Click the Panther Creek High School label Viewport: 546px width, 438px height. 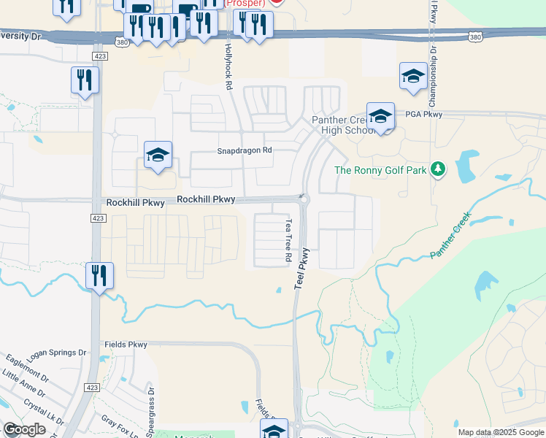344,125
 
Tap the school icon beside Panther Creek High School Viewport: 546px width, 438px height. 380,117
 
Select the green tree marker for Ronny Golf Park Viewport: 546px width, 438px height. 438,170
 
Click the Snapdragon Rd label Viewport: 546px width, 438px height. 245,150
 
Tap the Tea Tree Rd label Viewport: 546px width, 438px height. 288,240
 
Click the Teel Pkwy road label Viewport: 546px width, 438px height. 302,269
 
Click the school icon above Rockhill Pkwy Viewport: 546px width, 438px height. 158,155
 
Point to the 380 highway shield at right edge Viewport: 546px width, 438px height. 475,36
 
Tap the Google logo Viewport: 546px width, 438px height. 24,429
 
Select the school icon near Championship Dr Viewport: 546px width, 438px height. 413,77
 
